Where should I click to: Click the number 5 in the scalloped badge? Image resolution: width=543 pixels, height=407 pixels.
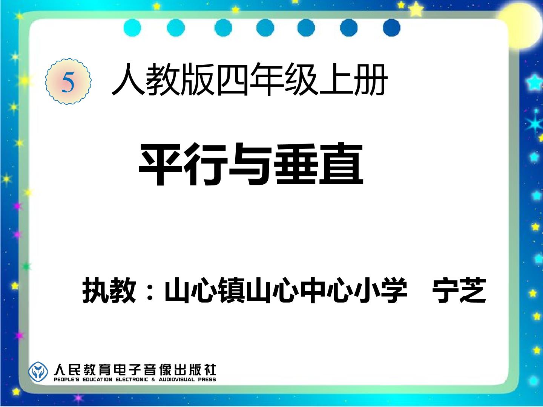[68, 82]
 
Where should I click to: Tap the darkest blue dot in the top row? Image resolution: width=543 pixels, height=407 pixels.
[391, 28]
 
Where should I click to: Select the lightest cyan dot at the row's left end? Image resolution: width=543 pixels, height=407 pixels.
[132, 28]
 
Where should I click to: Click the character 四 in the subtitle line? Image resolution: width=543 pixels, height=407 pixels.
[232, 79]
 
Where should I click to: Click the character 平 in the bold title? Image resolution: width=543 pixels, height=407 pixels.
[161, 164]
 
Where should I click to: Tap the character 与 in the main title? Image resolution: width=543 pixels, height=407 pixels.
[250, 164]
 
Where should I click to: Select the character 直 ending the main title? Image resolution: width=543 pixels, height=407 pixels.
[341, 164]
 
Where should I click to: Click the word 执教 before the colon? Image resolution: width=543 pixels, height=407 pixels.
[109, 290]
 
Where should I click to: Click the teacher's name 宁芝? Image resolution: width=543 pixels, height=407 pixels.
[459, 290]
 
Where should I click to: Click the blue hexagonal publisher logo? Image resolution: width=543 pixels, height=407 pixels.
[38, 372]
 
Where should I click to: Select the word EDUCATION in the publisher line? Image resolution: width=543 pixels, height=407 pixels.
[97, 379]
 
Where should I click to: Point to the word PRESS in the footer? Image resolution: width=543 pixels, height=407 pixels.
[207, 379]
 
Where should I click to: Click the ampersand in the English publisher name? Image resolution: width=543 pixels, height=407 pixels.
[153, 379]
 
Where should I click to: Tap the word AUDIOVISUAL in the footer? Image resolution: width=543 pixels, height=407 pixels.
[176, 379]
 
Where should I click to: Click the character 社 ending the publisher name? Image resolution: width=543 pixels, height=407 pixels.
[210, 370]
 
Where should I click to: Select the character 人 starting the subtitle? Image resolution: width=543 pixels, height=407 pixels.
[128, 79]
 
